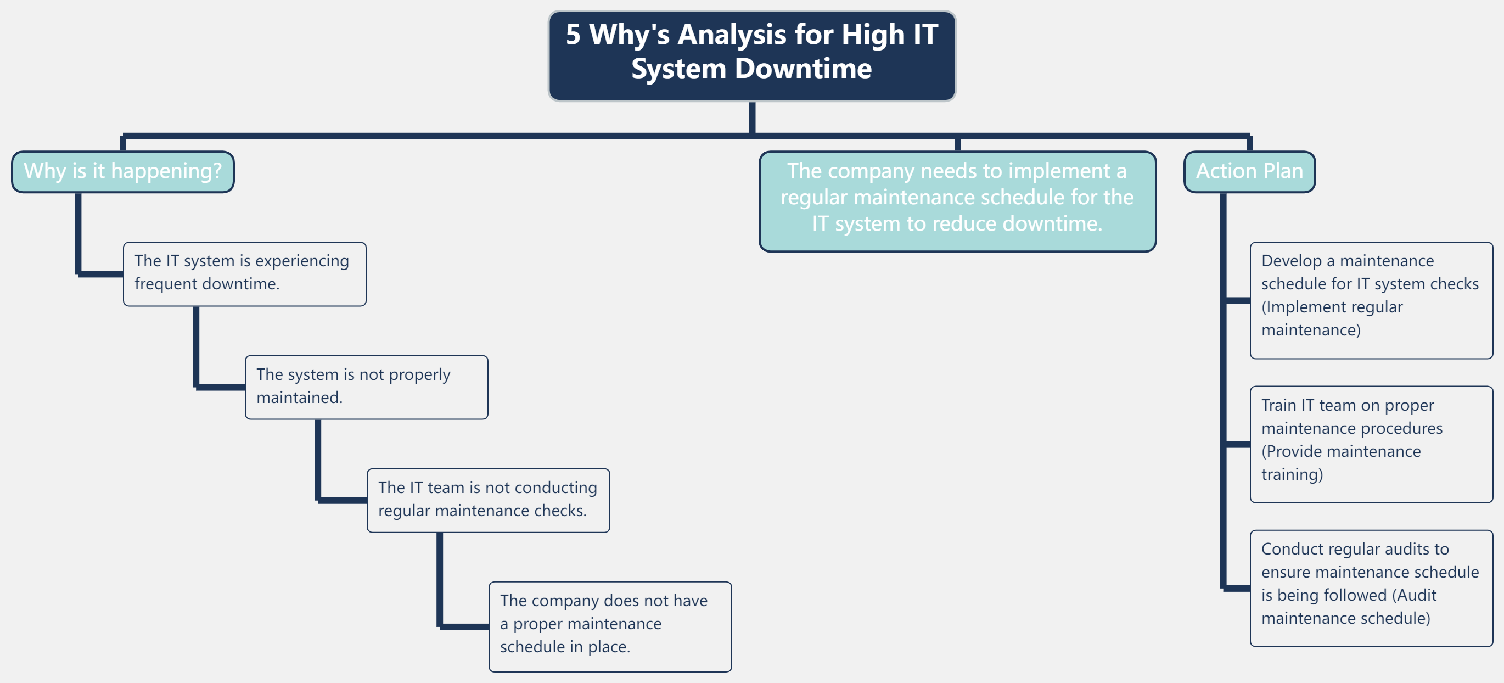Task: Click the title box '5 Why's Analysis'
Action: coord(751,55)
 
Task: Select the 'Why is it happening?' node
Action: coord(122,172)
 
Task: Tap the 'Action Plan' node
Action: coord(1249,172)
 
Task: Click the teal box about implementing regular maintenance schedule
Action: coord(957,201)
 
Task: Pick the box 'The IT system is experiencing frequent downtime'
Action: coord(244,274)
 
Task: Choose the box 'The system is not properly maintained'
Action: coord(366,387)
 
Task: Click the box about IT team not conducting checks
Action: coord(487,500)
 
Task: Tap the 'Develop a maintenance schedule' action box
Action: coord(1370,300)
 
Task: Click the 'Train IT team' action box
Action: coord(1370,444)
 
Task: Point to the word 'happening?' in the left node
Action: coord(166,172)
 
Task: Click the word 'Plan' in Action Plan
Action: coord(1283,172)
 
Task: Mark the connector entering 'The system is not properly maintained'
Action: coord(220,387)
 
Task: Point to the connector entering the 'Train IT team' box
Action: coord(1237,444)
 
